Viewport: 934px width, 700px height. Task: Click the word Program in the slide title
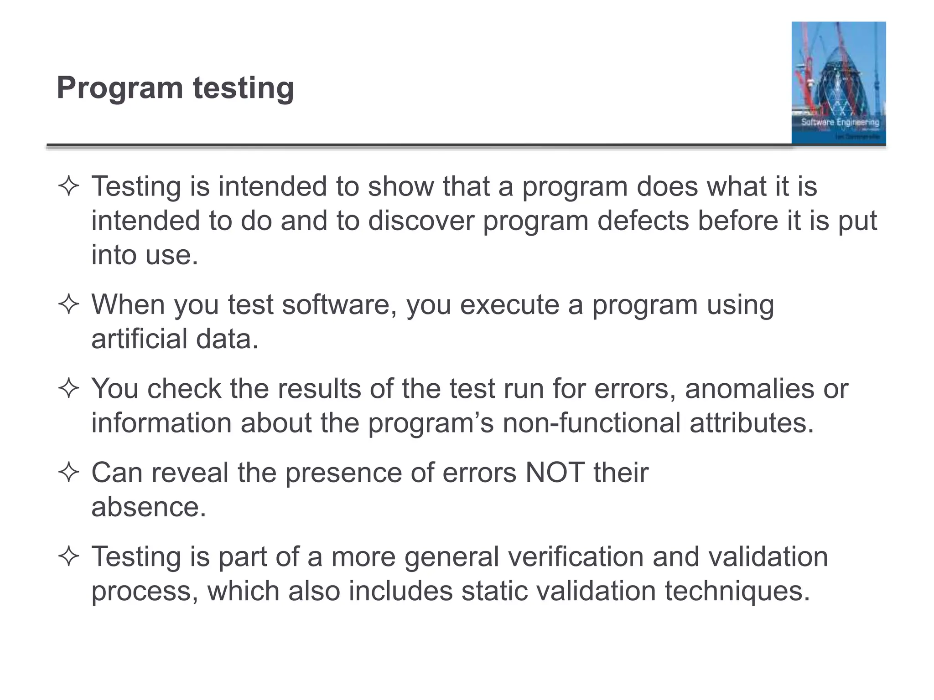pos(119,87)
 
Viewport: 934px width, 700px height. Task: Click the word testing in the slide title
pos(244,87)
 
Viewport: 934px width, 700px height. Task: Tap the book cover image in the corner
pos(838,83)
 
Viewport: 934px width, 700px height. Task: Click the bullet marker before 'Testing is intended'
pos(69,187)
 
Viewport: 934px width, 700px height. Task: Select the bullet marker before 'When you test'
pos(69,304)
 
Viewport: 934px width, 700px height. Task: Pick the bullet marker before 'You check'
pos(69,389)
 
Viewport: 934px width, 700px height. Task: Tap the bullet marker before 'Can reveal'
pos(69,473)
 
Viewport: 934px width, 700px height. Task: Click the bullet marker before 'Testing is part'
pos(69,557)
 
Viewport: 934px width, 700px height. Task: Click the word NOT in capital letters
pos(555,473)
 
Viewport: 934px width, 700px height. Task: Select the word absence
pos(148,507)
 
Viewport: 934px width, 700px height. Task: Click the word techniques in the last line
pos(737,591)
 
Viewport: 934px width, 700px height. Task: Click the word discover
pos(421,221)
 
